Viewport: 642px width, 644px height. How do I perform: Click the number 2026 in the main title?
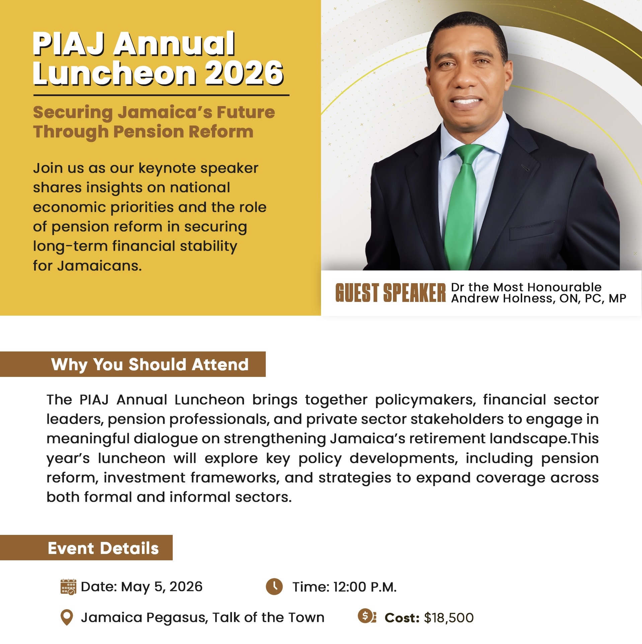click(x=244, y=73)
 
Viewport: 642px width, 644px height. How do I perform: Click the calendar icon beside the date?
click(x=68, y=587)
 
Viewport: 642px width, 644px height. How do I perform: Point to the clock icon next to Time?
click(x=274, y=586)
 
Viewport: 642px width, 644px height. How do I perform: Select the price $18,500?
click(x=449, y=618)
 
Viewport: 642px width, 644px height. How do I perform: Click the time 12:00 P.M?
click(x=365, y=587)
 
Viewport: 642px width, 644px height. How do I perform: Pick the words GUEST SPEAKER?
click(x=391, y=293)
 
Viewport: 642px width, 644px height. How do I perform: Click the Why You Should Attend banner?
click(x=133, y=364)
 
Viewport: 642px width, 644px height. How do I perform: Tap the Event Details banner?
click(x=86, y=548)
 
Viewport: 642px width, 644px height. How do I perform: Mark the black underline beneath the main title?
click(x=161, y=95)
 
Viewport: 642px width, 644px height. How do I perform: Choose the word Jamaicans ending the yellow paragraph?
click(x=99, y=266)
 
